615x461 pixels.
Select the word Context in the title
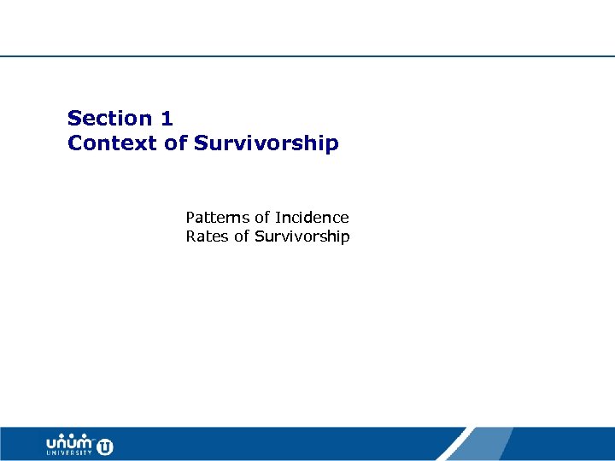(113, 143)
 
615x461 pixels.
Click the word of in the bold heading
(176, 143)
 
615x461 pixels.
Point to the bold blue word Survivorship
(266, 143)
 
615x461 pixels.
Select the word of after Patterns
(262, 218)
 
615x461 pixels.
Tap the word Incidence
(312, 218)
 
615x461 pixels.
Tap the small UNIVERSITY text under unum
(70, 454)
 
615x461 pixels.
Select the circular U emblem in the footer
(105, 446)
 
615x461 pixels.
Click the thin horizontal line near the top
(307, 56)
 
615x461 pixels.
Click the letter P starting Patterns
(190, 218)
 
